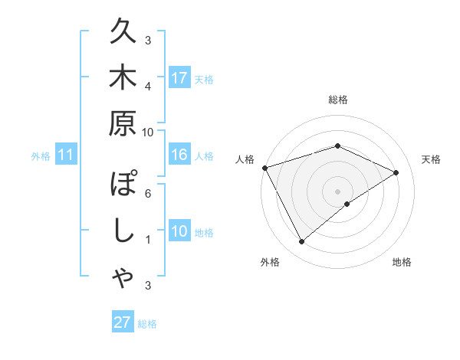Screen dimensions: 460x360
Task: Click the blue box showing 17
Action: [x=179, y=78]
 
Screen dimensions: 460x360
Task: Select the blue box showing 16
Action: [x=179, y=155]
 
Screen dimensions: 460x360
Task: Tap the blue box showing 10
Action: [x=179, y=232]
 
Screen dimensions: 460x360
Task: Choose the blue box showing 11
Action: [x=65, y=155]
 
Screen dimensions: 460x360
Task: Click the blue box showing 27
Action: [x=123, y=322]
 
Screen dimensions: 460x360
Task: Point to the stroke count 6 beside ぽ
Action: [x=148, y=193]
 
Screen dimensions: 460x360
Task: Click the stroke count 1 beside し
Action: [x=148, y=240]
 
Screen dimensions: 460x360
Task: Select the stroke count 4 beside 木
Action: [x=148, y=86]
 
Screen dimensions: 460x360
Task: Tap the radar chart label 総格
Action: [x=337, y=100]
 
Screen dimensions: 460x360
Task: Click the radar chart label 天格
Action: [x=432, y=159]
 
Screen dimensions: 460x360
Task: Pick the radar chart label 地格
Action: [x=402, y=262]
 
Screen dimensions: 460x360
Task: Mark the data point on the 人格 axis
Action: [x=264, y=167]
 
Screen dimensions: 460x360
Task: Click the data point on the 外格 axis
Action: [x=301, y=241]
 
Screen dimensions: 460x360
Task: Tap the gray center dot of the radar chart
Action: [x=337, y=191]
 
